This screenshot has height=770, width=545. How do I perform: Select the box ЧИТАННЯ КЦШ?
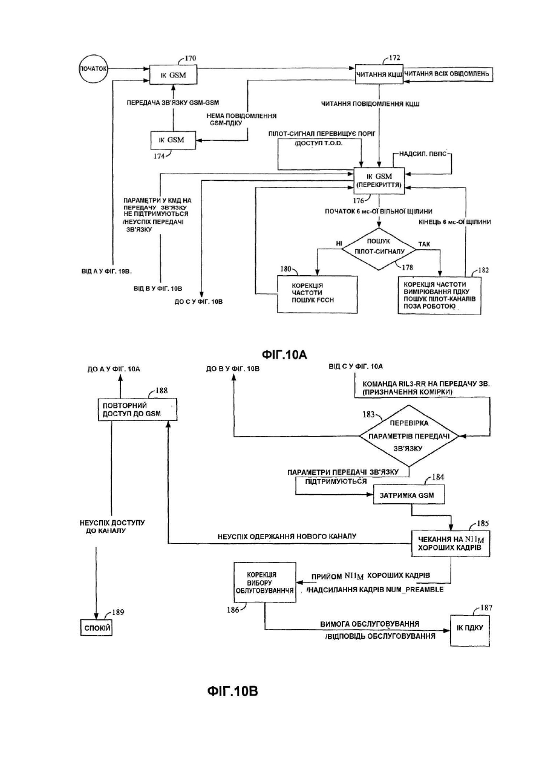tap(379, 74)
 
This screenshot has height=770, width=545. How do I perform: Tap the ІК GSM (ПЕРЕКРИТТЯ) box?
tap(379, 180)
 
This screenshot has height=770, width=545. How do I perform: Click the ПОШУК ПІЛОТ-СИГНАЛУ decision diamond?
tap(379, 249)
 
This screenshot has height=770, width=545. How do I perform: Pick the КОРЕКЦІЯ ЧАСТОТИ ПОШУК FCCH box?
tap(317, 294)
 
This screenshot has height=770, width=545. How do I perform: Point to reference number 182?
tap(483, 270)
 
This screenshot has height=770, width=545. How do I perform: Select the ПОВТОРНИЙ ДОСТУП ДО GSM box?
tap(137, 409)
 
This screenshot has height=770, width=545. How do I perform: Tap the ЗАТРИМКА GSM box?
tap(409, 495)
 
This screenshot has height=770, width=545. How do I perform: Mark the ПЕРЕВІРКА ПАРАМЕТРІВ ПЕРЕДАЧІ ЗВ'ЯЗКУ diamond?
tap(409, 436)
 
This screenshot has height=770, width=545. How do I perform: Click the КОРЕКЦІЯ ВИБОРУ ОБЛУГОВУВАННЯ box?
tap(264, 582)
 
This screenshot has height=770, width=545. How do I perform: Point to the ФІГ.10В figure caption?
tap(232, 691)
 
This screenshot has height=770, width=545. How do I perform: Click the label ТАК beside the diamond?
tap(424, 244)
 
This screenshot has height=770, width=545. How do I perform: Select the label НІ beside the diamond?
tap(339, 244)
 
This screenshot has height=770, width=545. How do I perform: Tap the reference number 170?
tap(190, 58)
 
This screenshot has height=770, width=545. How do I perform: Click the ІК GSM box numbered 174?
tap(174, 140)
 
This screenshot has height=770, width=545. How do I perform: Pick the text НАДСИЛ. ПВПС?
tap(423, 154)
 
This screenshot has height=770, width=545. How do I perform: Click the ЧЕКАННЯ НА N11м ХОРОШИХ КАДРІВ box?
tap(450, 544)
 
